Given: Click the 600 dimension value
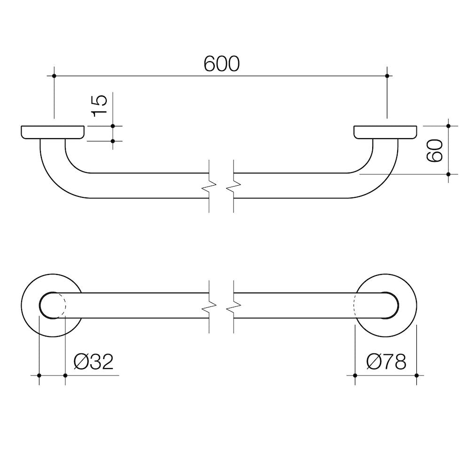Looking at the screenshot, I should click(221, 64).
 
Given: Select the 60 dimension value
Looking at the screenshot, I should click(435, 150).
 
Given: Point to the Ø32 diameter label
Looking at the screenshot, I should click(94, 362).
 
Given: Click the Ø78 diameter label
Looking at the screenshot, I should click(386, 362).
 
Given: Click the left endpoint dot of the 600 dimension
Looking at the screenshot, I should click(55, 76).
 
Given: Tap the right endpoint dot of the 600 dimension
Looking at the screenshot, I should click(387, 76).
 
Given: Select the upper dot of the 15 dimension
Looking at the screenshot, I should click(113, 126).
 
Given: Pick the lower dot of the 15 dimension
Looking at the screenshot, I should click(113, 141).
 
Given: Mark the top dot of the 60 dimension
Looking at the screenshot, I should click(448, 126).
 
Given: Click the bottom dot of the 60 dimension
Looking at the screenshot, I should click(448, 174).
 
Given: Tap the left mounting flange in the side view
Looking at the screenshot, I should click(53, 132).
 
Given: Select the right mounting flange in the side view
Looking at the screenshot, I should click(385, 132).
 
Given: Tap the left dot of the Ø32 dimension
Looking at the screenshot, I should click(39, 375).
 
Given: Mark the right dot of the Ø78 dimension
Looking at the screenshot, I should click(417, 375).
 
